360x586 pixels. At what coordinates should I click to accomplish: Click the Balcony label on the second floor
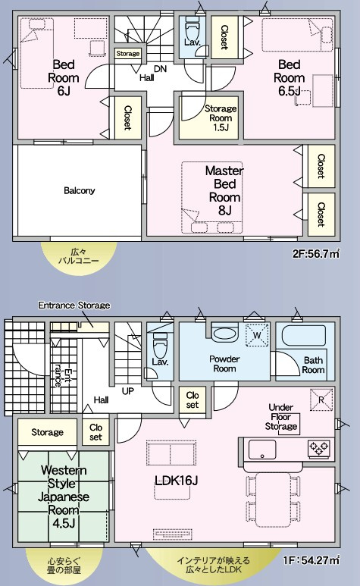pos(79,190)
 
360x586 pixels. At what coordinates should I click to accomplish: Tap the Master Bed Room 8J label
pos(224,190)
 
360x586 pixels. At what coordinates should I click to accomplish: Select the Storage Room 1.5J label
pos(221,118)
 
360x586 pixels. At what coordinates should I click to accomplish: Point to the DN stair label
pos(160,69)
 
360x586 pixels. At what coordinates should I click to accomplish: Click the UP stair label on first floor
pos(128,391)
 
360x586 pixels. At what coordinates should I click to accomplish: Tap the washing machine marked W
pos(257,335)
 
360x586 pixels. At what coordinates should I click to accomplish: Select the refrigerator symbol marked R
pos(321,400)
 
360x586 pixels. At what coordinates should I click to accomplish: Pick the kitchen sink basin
pos(262,450)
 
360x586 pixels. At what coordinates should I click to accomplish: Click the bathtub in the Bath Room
pos(303,335)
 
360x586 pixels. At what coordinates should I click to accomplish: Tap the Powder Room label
pos(224,364)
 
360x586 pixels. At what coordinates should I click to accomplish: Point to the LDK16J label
pos(176,481)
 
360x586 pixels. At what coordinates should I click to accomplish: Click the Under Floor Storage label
pos(281,417)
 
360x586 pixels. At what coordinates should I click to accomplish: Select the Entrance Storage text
pos(74,306)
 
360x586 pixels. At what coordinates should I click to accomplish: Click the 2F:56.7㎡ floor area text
pos(316,254)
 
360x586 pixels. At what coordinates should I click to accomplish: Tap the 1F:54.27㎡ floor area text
pos(311,559)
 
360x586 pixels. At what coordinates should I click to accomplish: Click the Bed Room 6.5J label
pos(289,78)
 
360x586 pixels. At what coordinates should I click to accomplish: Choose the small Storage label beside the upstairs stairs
pos(128,54)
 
